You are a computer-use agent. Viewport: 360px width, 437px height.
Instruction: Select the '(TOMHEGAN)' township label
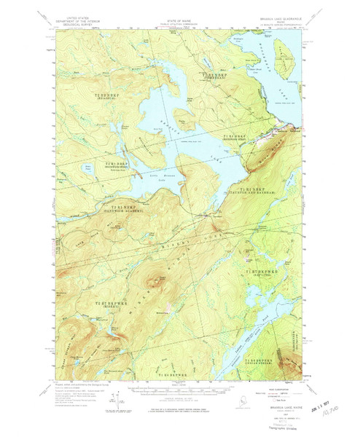[x=216, y=80]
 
